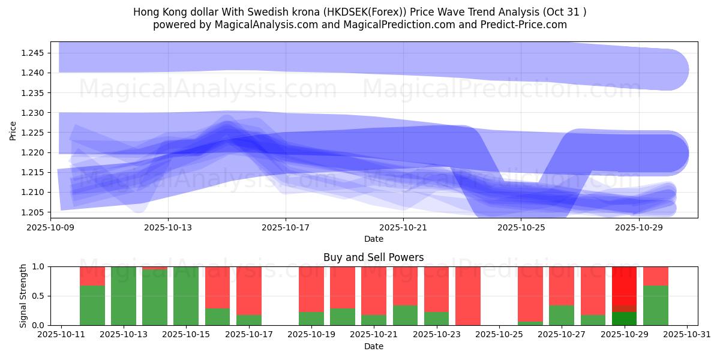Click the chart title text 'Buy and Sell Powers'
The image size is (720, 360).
tap(373, 257)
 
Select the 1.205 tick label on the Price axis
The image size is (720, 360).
tap(32, 212)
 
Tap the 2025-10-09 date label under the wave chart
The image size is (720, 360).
tap(50, 228)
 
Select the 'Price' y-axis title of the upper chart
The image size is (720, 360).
tap(13, 130)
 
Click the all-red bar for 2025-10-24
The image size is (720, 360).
tap(467, 295)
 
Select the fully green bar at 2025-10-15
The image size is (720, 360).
tap(186, 295)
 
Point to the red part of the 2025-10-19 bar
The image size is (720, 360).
tap(311, 289)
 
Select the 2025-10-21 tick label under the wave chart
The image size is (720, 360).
tap(403, 228)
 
